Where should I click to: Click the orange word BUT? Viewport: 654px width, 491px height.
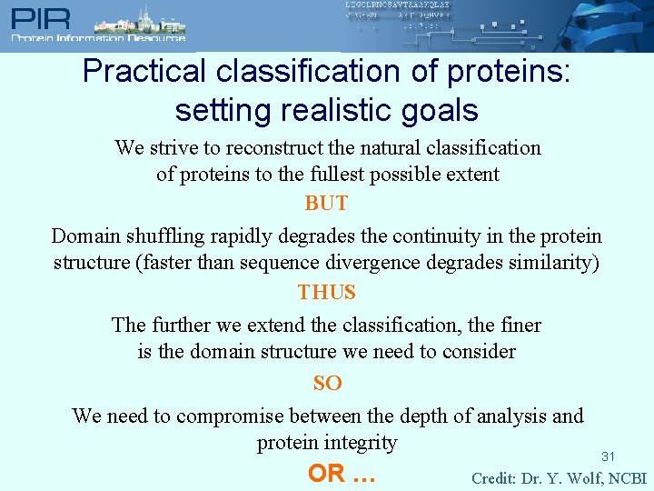[326, 204]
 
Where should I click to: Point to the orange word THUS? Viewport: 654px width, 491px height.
[326, 293]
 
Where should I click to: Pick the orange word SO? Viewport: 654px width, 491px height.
[327, 384]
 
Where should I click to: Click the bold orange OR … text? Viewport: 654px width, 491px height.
[342, 474]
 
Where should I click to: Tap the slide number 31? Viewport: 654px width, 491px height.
[609, 456]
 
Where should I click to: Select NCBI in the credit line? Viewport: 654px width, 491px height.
[628, 478]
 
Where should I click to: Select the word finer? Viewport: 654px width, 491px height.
[516, 325]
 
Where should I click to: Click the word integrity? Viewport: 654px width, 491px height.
[360, 443]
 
